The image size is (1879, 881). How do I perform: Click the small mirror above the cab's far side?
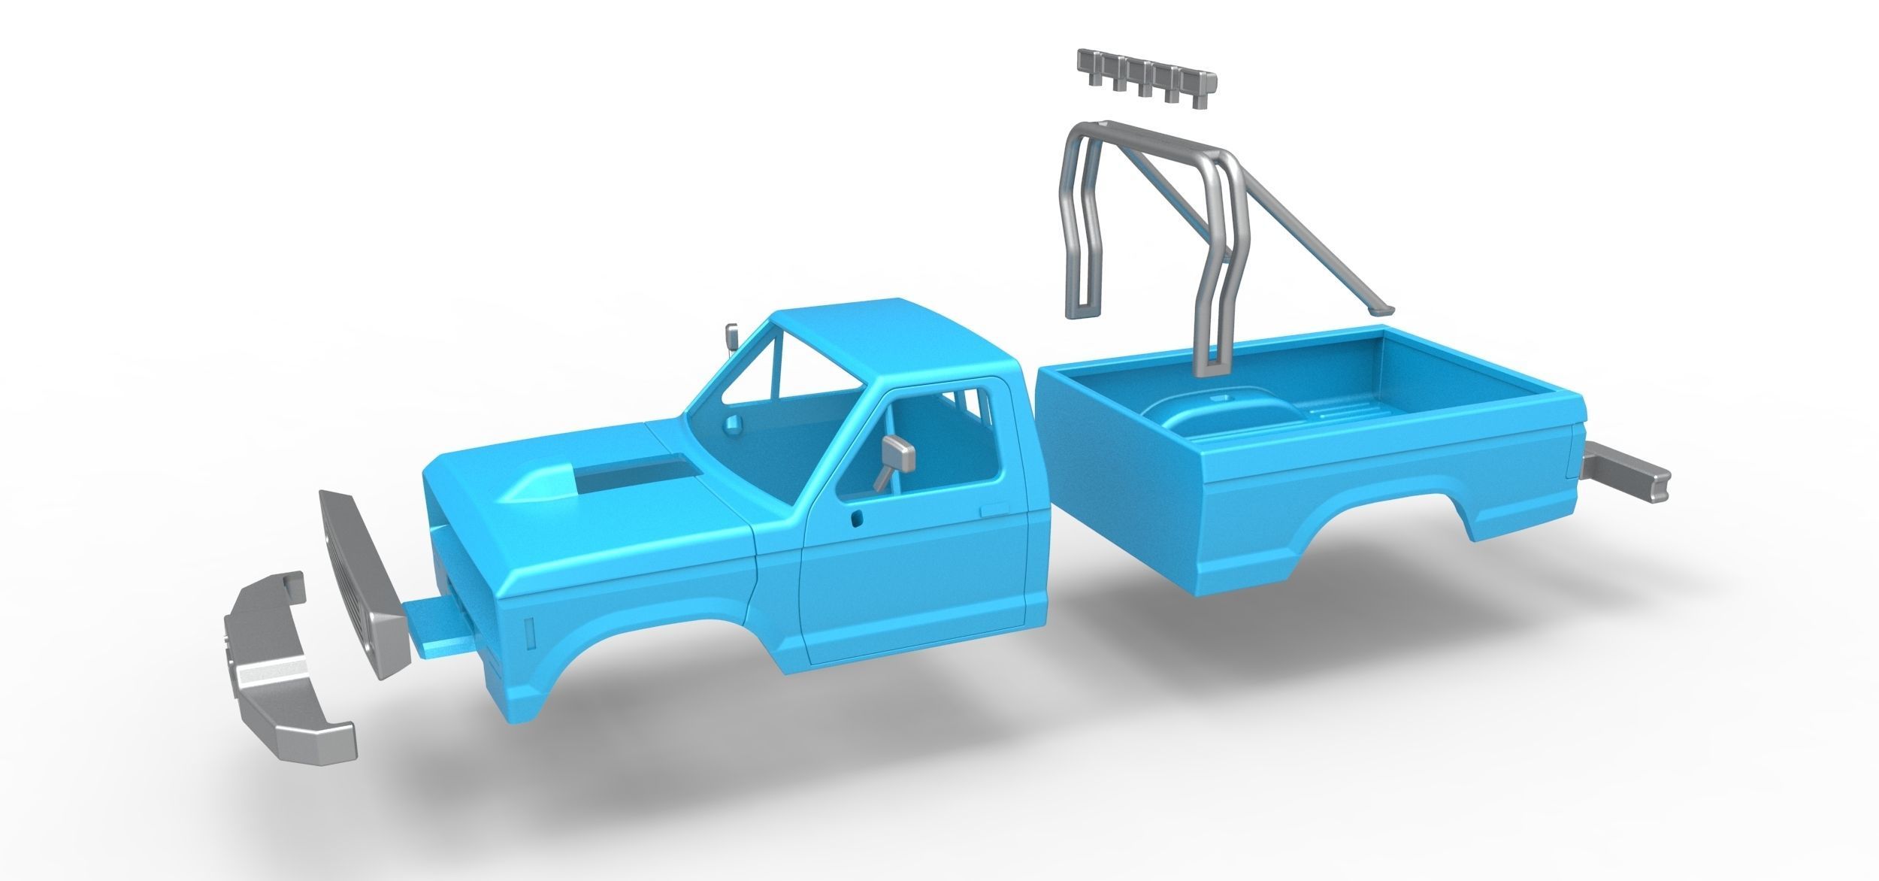pyautogui.click(x=731, y=339)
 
